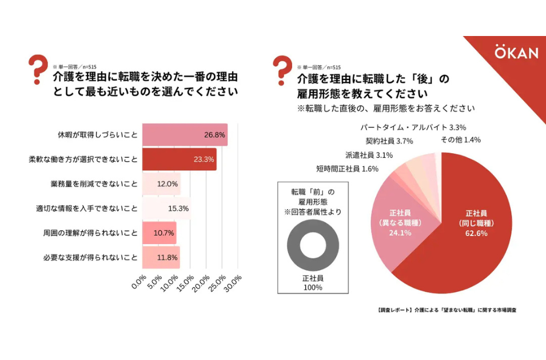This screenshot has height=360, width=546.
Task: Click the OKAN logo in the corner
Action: (516, 53)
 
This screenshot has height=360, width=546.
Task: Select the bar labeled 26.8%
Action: (184, 135)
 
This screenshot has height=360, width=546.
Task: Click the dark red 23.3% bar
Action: (178, 159)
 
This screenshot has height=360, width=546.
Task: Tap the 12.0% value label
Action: (168, 184)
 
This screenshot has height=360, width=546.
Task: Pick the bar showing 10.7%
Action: (159, 233)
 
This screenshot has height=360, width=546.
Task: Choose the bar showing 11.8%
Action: (161, 257)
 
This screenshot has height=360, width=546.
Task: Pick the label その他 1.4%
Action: (460, 140)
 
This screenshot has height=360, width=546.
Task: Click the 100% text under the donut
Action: (312, 287)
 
